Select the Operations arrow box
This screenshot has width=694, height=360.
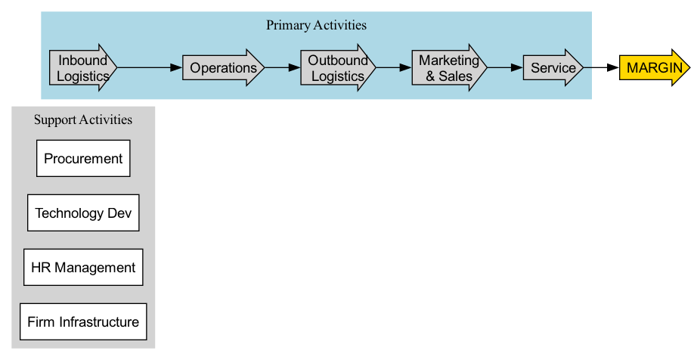(223, 68)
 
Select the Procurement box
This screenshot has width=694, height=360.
(83, 159)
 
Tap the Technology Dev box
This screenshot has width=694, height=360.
(83, 213)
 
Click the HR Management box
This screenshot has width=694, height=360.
(83, 268)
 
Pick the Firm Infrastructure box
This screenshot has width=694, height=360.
(83, 322)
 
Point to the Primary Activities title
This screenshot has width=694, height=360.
(316, 25)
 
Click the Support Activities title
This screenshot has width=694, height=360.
(83, 119)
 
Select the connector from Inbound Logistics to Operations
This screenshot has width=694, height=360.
(150, 68)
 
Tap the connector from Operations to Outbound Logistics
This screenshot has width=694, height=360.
(282, 68)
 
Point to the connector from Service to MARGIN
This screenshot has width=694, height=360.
(601, 68)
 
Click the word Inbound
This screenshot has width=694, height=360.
(82, 61)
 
